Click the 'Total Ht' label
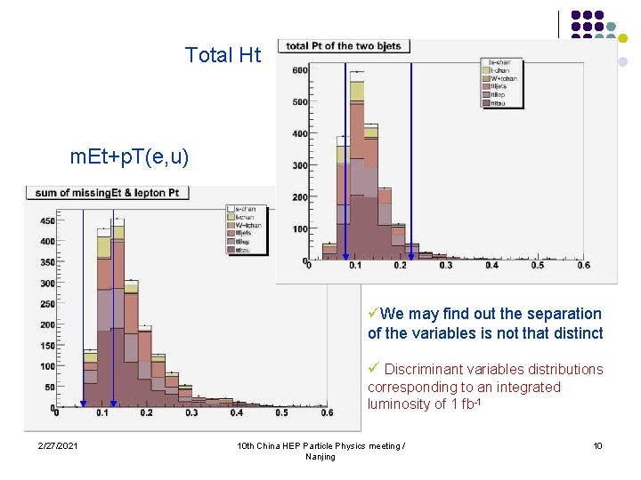(x=223, y=55)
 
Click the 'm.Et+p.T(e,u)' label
(x=129, y=157)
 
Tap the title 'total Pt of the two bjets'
(x=343, y=46)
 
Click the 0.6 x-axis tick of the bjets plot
(x=583, y=266)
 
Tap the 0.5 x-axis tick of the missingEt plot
(x=281, y=412)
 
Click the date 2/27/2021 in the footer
(x=57, y=444)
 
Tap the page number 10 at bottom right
(x=599, y=444)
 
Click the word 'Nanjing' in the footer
(x=320, y=457)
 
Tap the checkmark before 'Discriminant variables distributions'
(x=374, y=368)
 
